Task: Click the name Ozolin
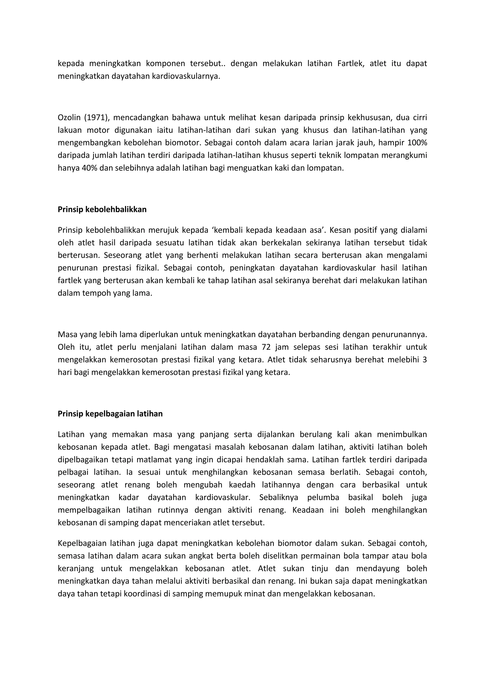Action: point(68,117)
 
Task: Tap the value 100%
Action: point(417,143)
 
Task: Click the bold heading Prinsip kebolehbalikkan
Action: point(102,209)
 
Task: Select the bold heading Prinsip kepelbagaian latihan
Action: point(110,414)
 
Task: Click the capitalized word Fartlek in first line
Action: point(351,63)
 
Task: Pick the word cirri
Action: point(420,117)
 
